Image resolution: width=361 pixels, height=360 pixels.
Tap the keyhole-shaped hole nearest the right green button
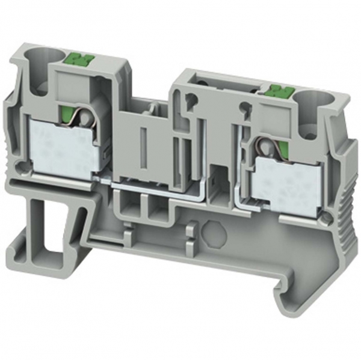[x=244, y=108]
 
